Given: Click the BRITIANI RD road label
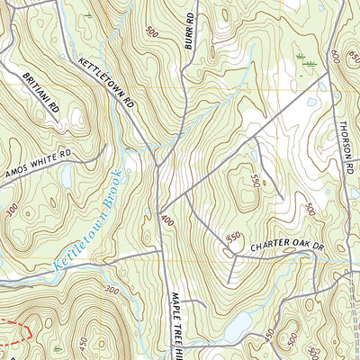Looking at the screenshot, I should tap(42, 93).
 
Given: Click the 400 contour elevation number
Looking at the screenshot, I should tap(166, 219).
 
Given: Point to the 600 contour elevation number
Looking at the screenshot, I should tap(336, 56).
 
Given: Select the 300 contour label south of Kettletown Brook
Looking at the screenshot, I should tap(112, 290).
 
